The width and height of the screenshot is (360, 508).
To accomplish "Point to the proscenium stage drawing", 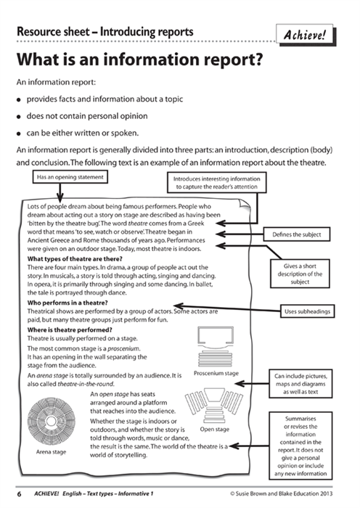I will (216, 346).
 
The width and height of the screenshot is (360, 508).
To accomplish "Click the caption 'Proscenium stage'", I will (216, 374).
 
